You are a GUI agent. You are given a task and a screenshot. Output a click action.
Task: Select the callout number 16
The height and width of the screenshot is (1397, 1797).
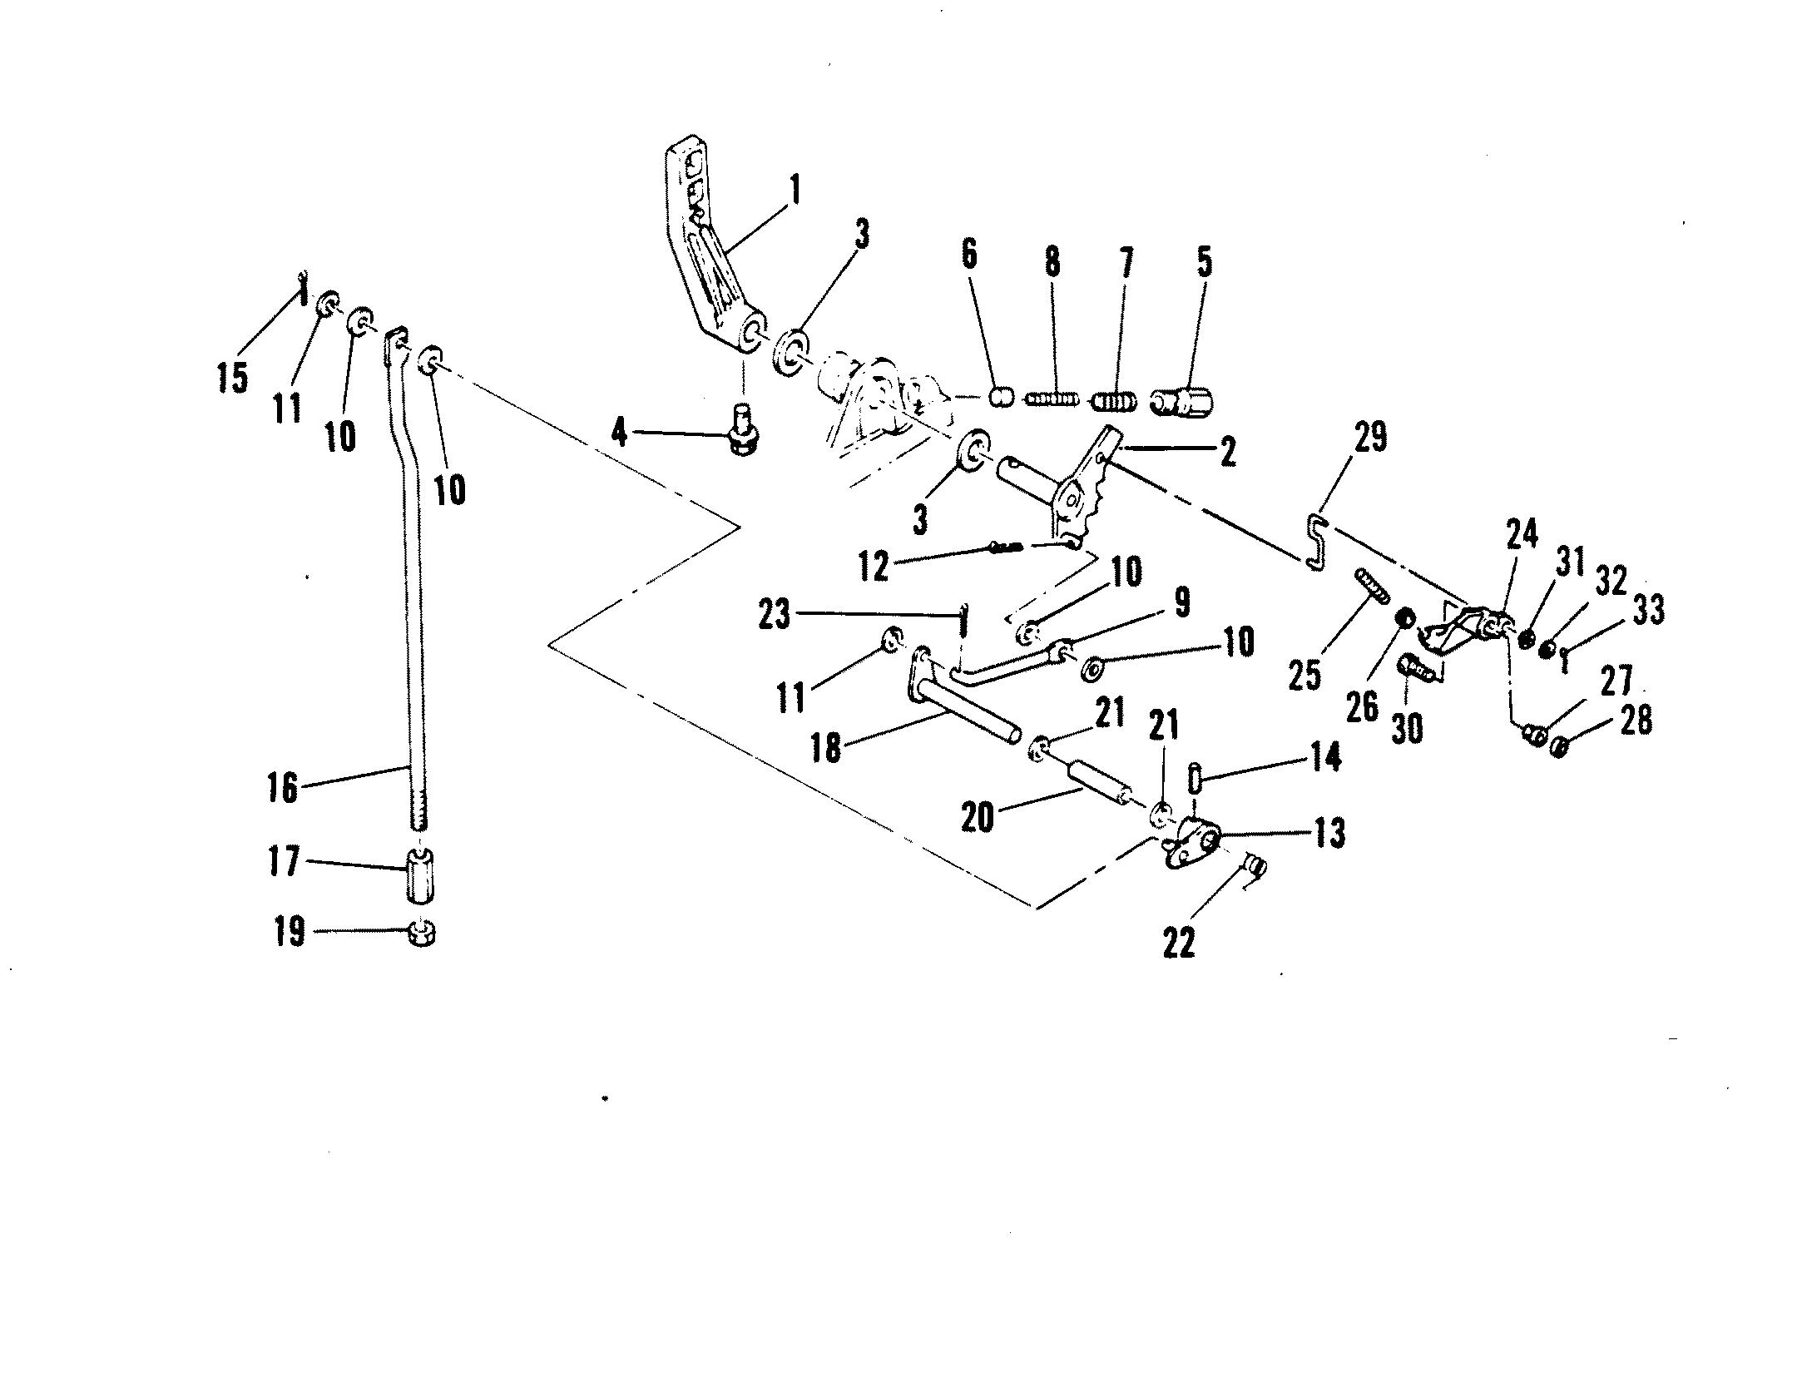point(283,786)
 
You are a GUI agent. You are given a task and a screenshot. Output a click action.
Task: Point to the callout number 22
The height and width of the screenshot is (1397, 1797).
point(1180,942)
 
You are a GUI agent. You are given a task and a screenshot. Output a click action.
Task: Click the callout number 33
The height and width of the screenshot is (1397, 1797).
point(1647,610)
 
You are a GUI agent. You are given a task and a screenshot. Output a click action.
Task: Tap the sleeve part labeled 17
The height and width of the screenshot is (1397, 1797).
point(421,874)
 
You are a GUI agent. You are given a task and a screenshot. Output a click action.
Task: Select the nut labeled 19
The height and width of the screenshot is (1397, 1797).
point(423,933)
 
